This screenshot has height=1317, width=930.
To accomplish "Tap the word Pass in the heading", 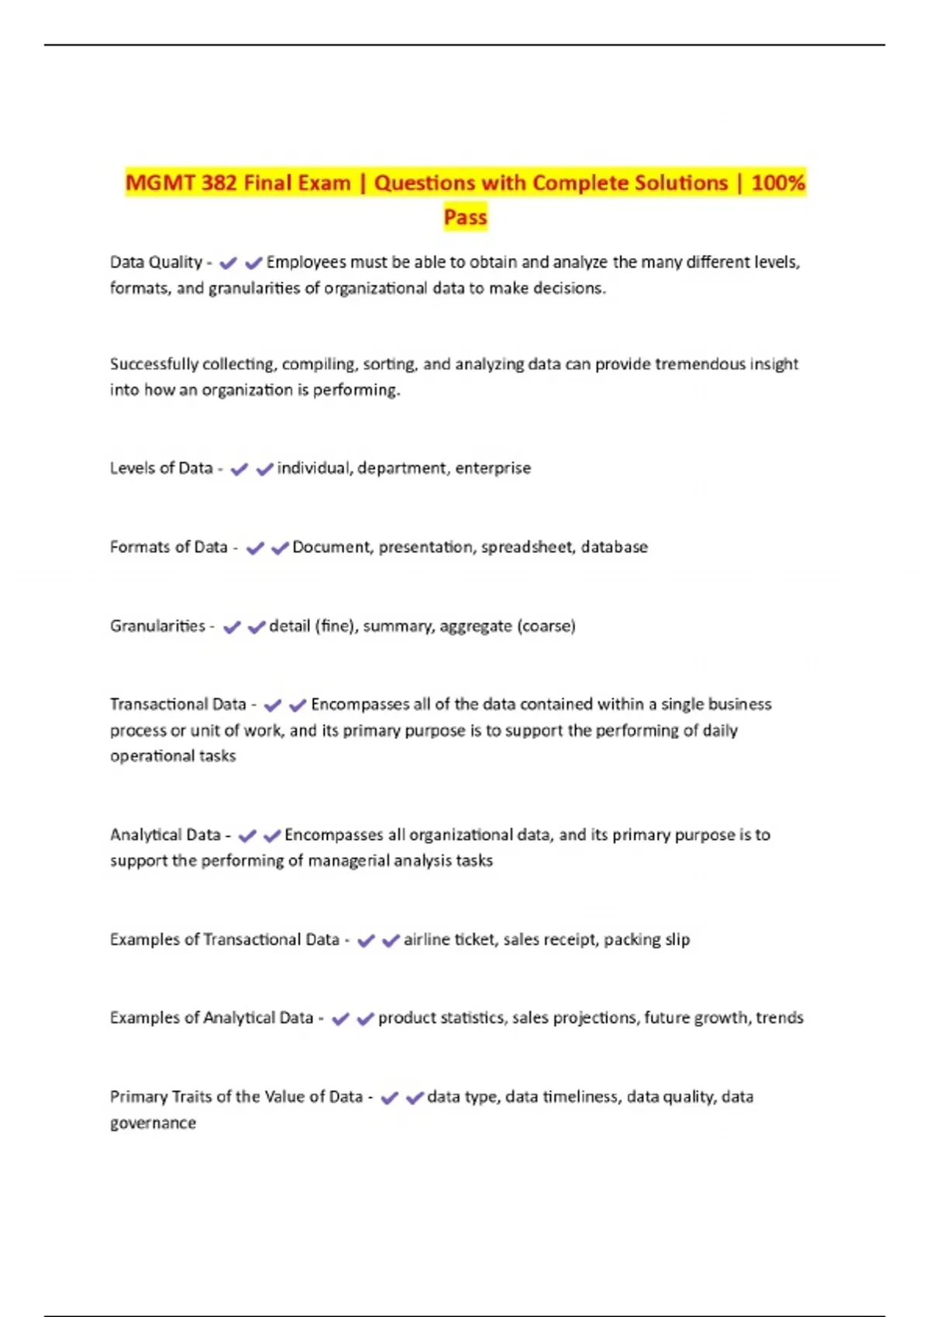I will point(465,217).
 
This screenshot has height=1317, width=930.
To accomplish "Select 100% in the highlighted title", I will point(778,183).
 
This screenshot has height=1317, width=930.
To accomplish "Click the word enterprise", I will point(493,468).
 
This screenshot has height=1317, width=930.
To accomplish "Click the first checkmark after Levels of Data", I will point(239,469).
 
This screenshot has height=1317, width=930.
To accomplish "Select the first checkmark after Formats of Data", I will point(255,548).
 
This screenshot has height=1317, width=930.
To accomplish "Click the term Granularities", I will point(157,626).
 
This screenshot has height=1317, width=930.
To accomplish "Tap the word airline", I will point(426,940).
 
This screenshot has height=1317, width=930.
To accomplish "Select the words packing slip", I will point(646,940).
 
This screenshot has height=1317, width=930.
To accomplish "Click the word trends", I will point(779,1018).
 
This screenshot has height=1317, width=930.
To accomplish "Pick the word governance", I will point(153,1123).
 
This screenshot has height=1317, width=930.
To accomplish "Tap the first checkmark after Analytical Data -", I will point(247,836).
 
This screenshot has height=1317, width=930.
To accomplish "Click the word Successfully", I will point(153,364).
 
